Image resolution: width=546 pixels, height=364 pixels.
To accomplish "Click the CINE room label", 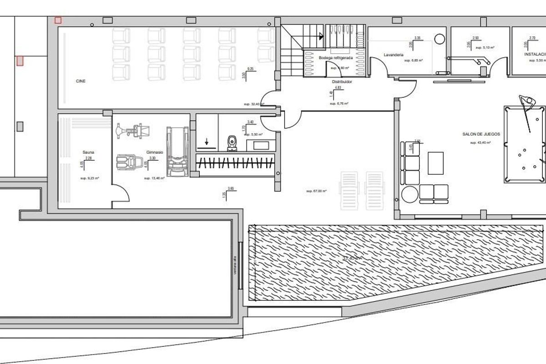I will pyautogui.click(x=81, y=81).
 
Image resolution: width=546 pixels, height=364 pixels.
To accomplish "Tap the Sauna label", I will pyautogui.click(x=88, y=152).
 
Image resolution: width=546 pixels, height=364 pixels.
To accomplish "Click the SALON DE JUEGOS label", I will pyautogui.click(x=481, y=134).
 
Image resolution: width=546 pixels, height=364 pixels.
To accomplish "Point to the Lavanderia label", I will pyautogui.click(x=394, y=55).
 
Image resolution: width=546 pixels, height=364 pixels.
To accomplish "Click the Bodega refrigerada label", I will pyautogui.click(x=337, y=58).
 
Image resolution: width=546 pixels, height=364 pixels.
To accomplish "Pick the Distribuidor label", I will pyautogui.click(x=342, y=82).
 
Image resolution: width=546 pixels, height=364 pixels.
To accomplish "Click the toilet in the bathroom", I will pyautogui.click(x=232, y=142).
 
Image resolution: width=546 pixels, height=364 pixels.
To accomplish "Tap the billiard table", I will pyautogui.click(x=524, y=144).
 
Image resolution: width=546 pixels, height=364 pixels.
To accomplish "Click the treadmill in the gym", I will pyautogui.click(x=177, y=152).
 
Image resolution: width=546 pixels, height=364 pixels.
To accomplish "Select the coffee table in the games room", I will pyautogui.click(x=435, y=162).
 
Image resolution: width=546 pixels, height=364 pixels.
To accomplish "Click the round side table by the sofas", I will pyautogui.click(x=409, y=194).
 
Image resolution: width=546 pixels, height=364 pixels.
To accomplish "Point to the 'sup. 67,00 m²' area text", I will pyautogui.click(x=316, y=191).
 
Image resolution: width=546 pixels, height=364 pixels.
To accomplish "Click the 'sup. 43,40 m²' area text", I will pyautogui.click(x=480, y=143).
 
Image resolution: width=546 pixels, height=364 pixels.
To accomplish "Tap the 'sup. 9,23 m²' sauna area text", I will pyautogui.click(x=90, y=178).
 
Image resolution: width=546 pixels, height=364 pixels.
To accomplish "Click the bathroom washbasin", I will pyautogui.click(x=260, y=146).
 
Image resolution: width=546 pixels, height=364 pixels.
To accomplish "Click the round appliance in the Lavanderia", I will pyautogui.click(x=440, y=39).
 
